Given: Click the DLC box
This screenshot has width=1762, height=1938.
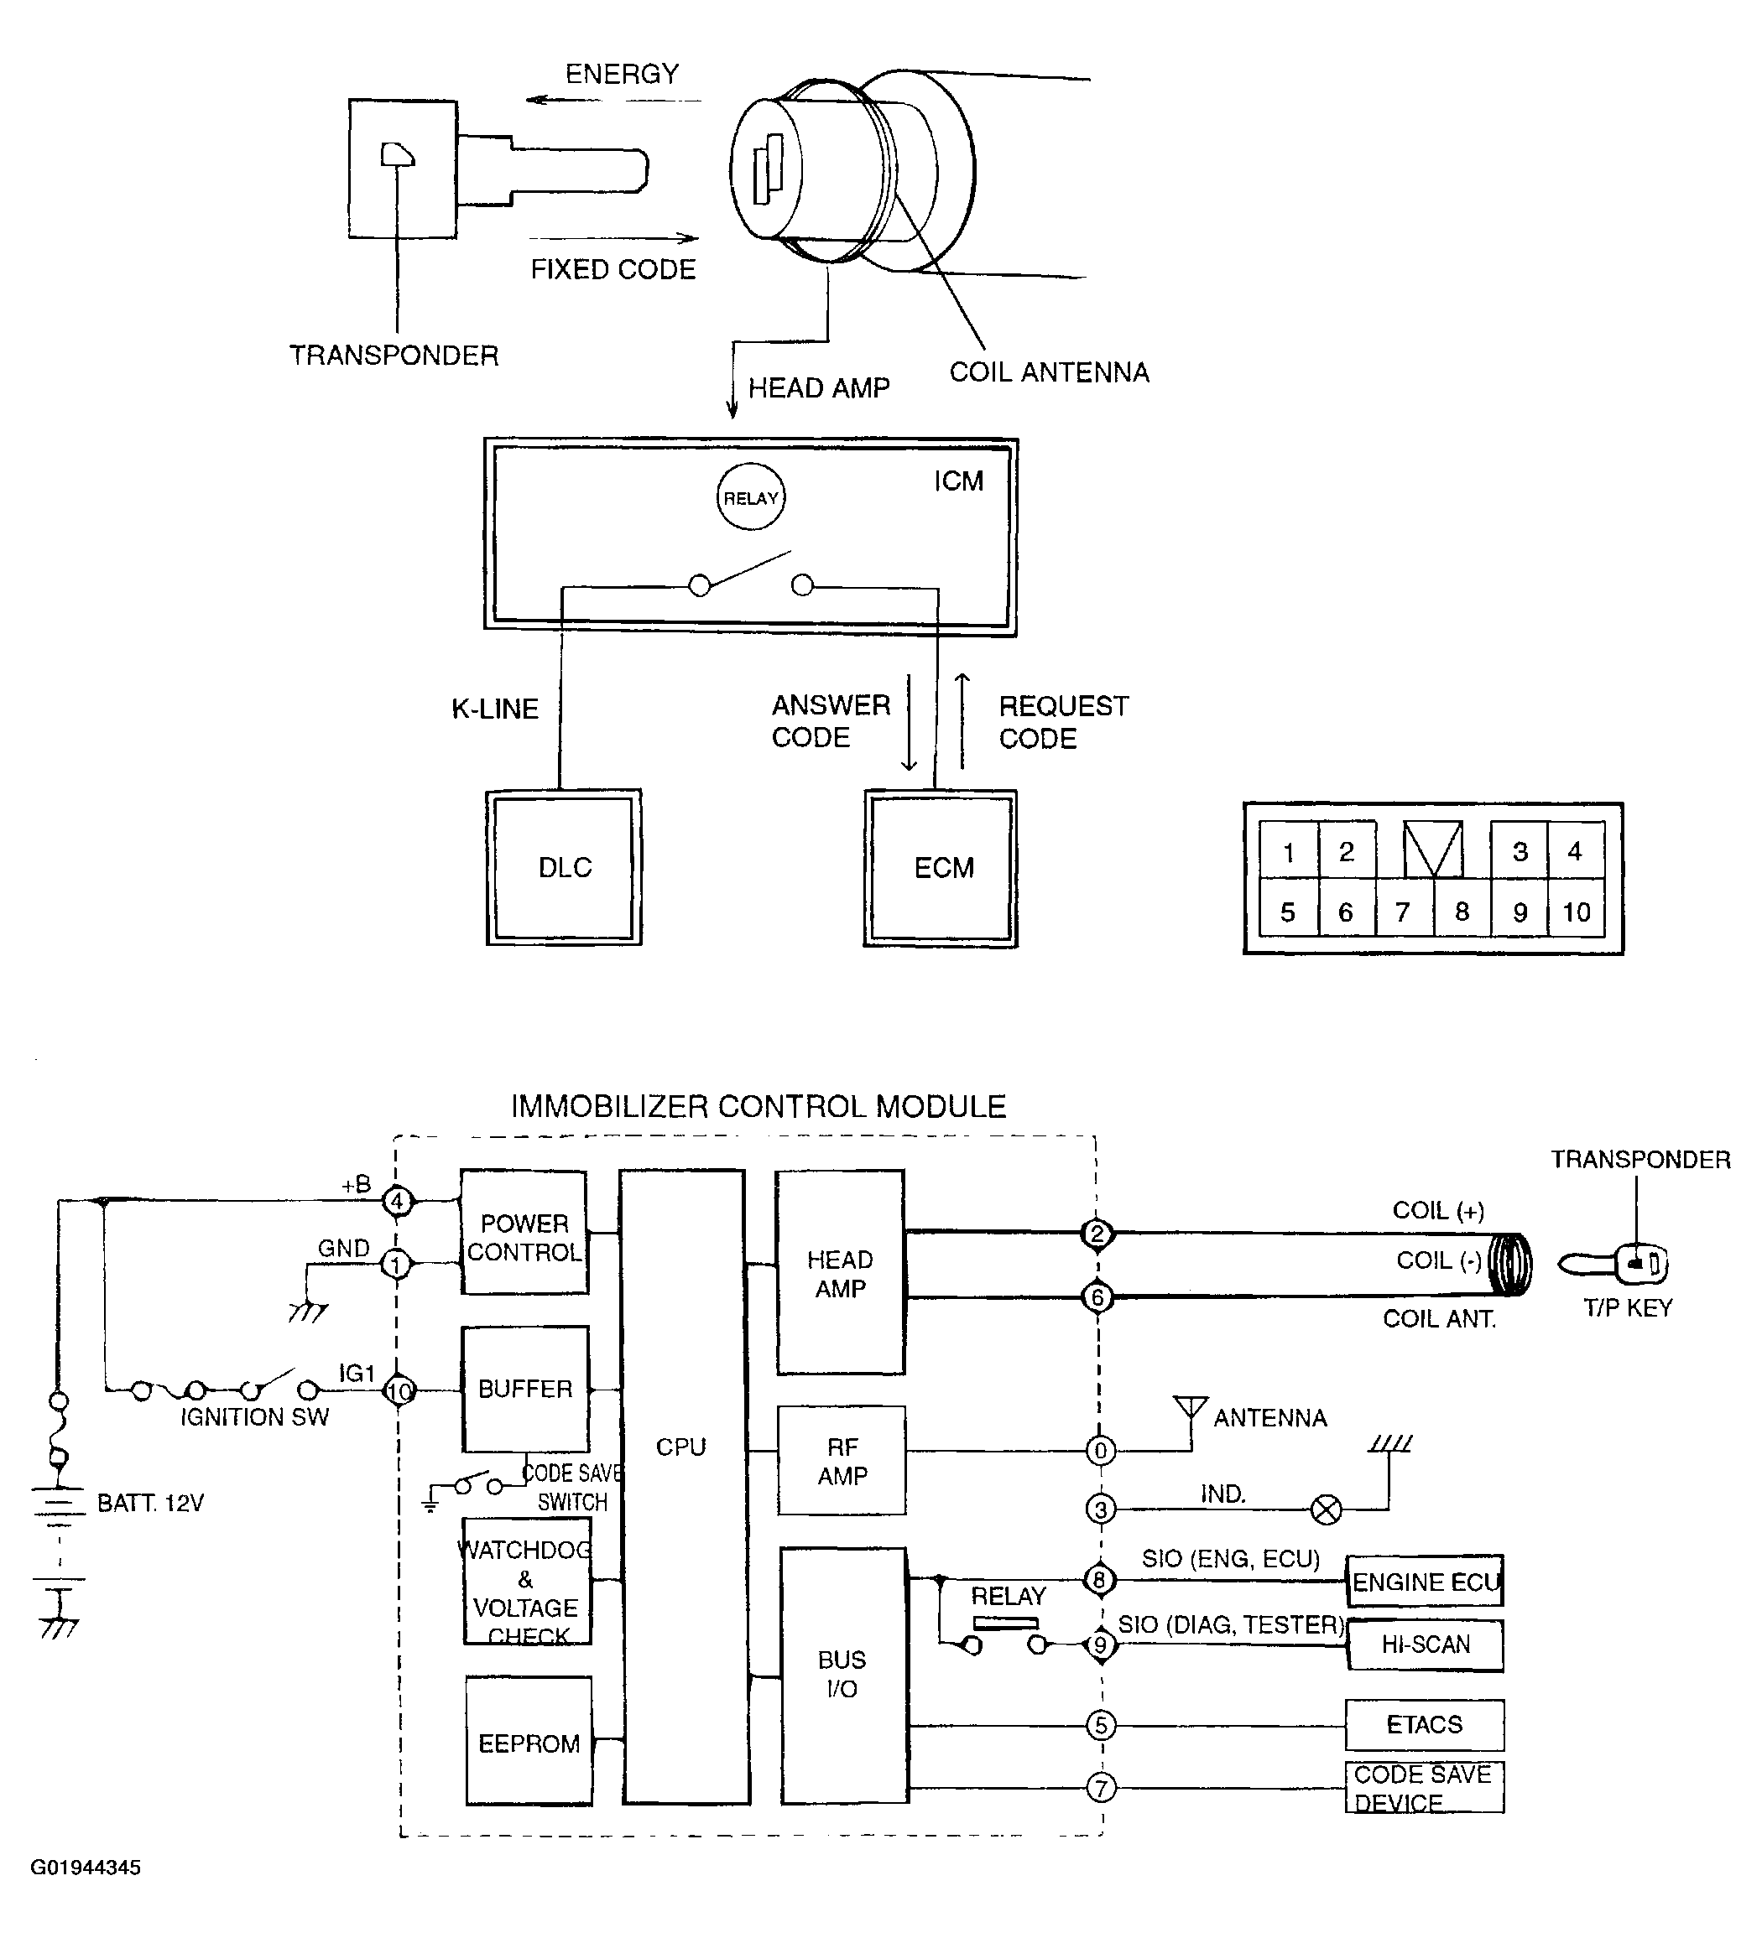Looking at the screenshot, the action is click(564, 867).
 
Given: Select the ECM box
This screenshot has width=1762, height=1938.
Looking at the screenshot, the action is click(941, 868).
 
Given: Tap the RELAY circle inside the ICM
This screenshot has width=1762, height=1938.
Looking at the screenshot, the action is click(751, 497).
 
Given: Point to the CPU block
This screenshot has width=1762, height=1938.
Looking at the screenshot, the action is click(684, 1486).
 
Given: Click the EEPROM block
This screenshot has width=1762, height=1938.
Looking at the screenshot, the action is click(528, 1742).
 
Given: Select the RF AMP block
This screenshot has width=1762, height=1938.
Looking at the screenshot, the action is click(842, 1461).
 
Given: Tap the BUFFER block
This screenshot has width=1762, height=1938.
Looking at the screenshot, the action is click(525, 1389).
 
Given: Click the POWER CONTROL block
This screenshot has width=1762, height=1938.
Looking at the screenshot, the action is click(524, 1233).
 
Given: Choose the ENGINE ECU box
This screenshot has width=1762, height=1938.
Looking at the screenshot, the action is click(1425, 1582).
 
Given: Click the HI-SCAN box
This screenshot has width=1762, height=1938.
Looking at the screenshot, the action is click(1425, 1644).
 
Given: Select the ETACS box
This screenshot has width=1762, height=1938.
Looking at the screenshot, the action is click(1425, 1725).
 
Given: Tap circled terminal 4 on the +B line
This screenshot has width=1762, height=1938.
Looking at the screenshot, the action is click(397, 1201).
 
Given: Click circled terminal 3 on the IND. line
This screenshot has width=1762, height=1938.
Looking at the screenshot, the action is click(1101, 1509).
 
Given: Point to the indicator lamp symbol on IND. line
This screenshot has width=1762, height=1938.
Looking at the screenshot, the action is click(1327, 1510).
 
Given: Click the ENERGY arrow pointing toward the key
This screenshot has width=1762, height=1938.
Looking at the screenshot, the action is click(613, 100).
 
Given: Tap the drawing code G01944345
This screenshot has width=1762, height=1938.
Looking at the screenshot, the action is click(86, 1868).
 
